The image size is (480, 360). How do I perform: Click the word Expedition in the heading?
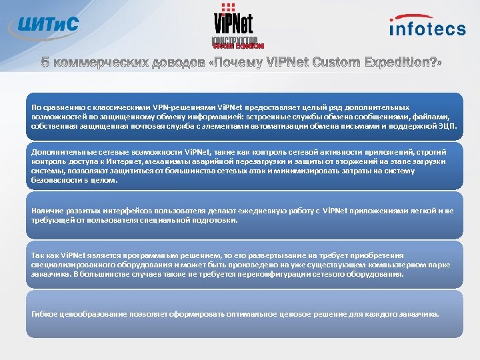(x=386, y=62)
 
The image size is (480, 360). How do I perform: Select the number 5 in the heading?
(x=45, y=62)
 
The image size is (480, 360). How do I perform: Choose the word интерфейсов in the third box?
(x=127, y=210)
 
